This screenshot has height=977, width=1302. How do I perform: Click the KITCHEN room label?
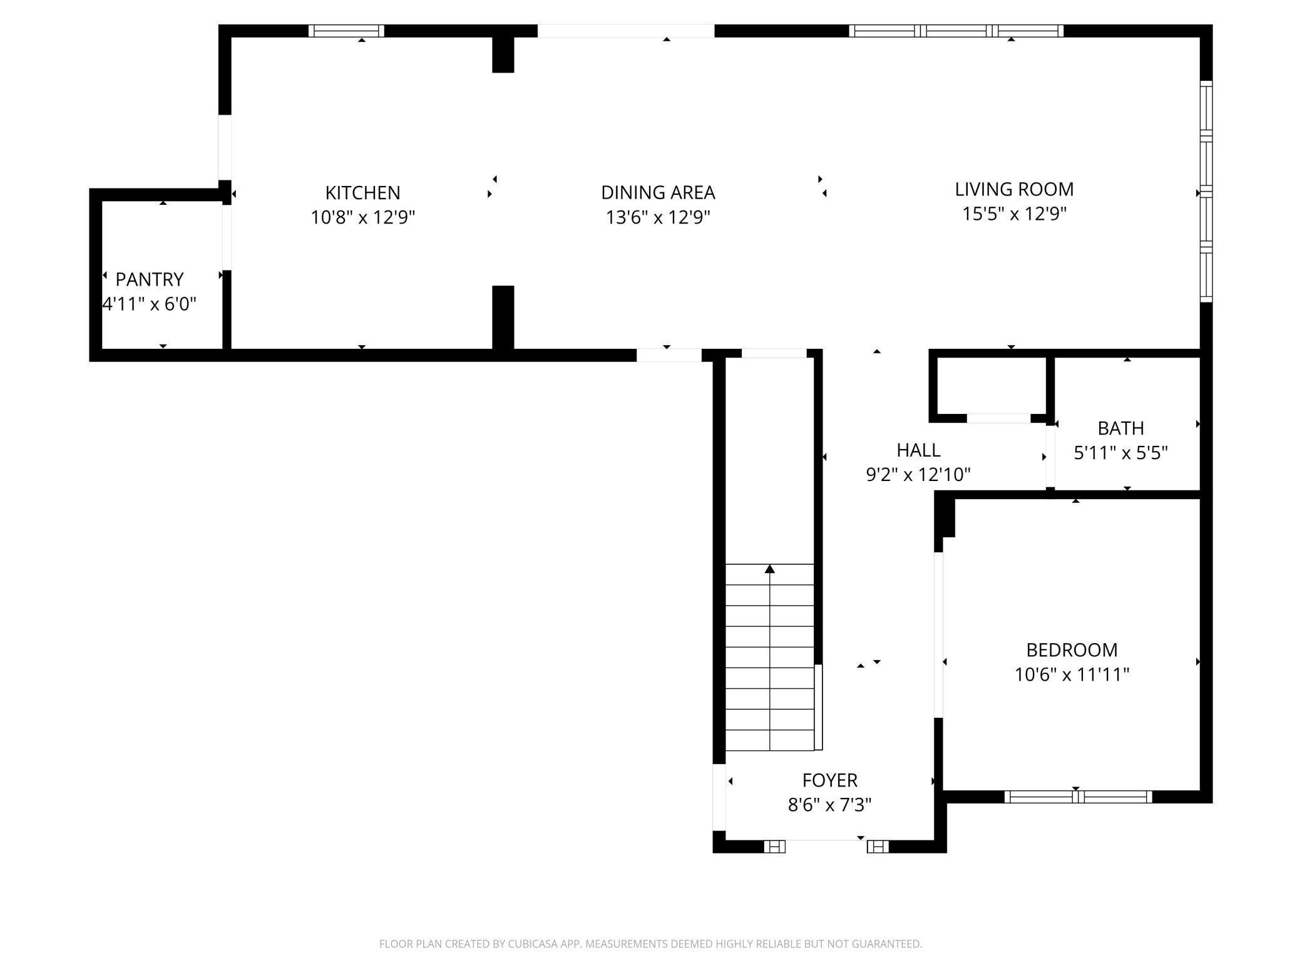tap(362, 192)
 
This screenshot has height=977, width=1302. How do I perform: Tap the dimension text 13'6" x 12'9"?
tap(658, 217)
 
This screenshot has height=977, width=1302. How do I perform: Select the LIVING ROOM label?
tap(1014, 189)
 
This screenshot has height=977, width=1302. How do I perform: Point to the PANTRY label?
tap(150, 279)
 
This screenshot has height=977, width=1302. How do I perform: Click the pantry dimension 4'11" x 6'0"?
tap(150, 304)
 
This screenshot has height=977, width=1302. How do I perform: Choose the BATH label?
tap(1120, 428)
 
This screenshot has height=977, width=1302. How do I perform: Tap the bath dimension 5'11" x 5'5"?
tap(1120, 453)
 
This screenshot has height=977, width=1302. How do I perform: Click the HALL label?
tap(918, 450)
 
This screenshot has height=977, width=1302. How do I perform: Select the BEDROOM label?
tap(1072, 649)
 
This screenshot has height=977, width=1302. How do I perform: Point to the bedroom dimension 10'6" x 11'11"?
tap(1072, 675)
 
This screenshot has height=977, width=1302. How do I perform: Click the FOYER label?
tap(829, 780)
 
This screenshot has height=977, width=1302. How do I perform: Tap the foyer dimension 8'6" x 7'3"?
tap(829, 805)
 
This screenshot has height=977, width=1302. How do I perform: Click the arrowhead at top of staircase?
tap(770, 569)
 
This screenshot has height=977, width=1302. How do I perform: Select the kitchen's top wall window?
tap(346, 31)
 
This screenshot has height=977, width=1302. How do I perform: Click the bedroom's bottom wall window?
tap(1078, 797)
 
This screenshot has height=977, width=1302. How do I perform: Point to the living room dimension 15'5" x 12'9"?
tap(1014, 214)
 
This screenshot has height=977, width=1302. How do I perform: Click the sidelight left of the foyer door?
tap(774, 847)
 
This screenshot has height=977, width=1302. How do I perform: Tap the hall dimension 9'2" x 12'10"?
tap(918, 475)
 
